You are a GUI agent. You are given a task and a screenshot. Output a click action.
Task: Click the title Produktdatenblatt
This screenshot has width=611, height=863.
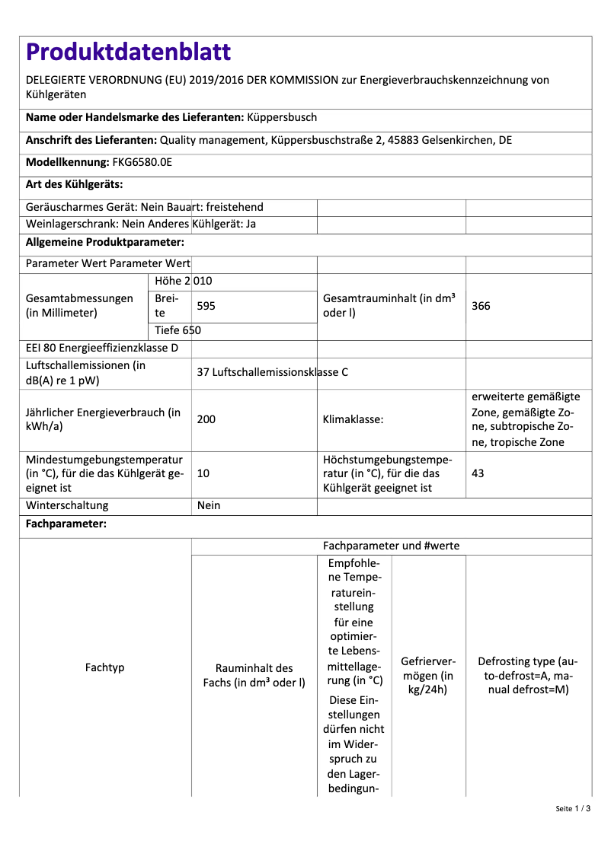pos(128,52)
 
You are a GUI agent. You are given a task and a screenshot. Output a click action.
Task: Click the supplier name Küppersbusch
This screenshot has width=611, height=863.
pos(282,118)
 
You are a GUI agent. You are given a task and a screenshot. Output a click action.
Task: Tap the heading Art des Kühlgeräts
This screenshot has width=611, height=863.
pos(75,184)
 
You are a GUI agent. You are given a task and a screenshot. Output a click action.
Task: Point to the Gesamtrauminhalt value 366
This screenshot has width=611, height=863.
pos(481,306)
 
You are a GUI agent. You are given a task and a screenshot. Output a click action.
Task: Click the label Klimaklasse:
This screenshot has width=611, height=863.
pos(353,419)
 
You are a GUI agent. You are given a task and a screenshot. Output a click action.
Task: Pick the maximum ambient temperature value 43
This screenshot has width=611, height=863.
pos(478,473)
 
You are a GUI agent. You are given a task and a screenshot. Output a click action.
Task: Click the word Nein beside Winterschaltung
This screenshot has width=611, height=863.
pos(208,505)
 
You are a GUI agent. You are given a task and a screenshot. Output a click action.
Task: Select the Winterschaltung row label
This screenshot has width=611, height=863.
pos(67,505)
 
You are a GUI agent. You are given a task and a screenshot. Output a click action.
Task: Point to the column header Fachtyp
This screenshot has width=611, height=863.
pos(105,667)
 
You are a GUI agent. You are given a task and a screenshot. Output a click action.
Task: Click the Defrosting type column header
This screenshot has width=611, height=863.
pos(527,675)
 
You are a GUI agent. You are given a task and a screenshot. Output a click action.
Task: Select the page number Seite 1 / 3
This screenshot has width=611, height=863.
pos(573,808)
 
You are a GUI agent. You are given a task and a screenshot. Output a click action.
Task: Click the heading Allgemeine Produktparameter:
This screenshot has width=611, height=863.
pos(105,242)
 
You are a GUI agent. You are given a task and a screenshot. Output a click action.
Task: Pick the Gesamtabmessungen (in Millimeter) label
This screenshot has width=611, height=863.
pos(74,306)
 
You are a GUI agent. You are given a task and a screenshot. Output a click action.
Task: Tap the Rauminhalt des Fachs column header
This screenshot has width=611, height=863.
pos(254,675)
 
